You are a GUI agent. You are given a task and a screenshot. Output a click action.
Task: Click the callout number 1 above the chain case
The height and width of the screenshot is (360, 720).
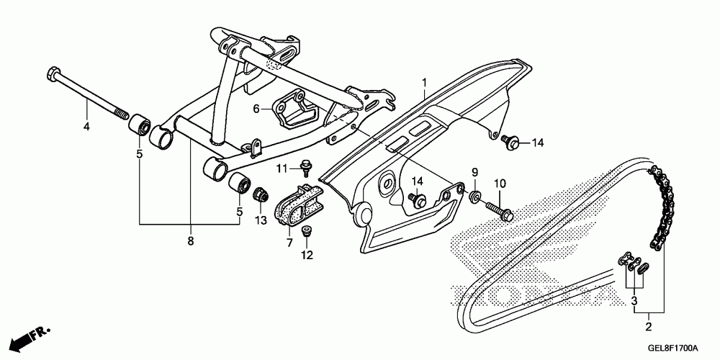425,83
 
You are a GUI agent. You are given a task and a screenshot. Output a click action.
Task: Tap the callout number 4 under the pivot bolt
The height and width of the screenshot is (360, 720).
86,127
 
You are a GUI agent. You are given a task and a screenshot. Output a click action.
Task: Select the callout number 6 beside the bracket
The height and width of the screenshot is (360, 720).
256,109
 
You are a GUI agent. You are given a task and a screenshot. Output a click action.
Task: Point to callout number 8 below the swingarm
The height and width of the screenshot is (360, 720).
191,240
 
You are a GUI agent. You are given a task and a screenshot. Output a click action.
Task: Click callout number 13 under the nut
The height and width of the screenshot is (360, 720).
261,221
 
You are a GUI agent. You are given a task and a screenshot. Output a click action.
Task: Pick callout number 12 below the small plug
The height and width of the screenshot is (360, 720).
307,255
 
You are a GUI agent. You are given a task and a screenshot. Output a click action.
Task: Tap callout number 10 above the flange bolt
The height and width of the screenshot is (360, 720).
500,184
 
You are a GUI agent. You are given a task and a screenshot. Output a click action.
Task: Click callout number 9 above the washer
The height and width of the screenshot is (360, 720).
474,173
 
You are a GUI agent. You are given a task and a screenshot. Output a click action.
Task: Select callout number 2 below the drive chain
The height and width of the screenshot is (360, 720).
649,328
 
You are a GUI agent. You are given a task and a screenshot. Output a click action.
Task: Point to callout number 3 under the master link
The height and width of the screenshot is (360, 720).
634,302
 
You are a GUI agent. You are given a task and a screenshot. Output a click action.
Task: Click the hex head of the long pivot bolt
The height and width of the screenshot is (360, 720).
52,73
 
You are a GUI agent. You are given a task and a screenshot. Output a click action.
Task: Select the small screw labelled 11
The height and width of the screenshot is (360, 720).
305,168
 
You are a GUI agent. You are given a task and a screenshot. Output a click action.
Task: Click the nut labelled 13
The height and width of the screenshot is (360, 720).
261,195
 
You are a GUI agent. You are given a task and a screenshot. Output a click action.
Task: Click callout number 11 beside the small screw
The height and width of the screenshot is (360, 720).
282,169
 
